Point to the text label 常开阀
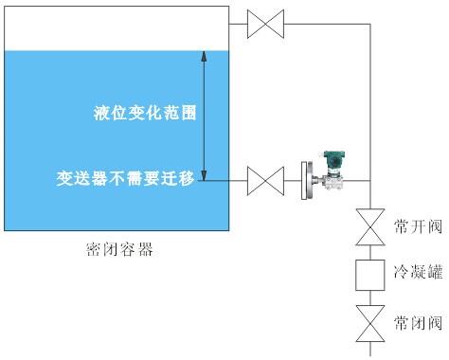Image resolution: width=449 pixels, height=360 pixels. coord(418,227)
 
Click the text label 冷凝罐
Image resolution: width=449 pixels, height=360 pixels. coord(418,274)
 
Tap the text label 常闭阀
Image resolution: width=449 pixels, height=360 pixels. coord(418,322)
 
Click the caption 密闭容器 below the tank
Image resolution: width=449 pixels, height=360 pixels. coord(118,251)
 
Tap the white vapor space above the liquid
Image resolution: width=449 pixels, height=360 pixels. coord(114,28)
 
